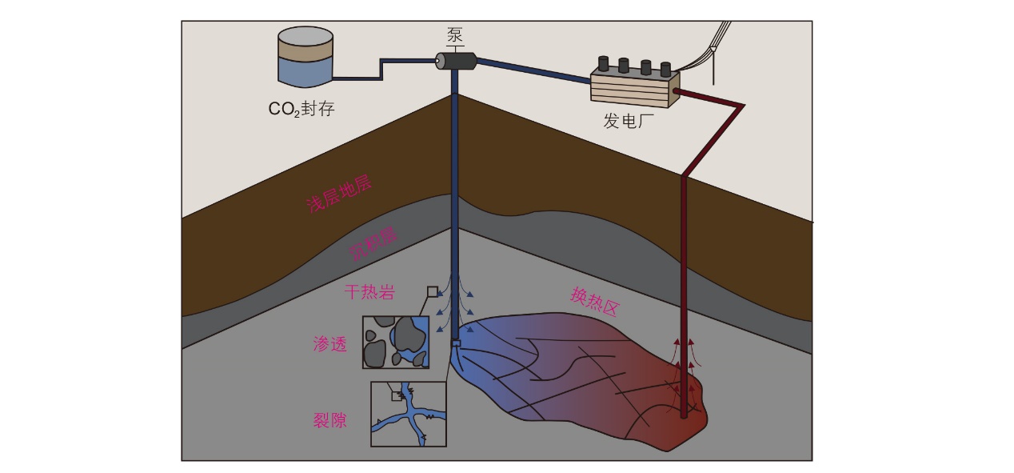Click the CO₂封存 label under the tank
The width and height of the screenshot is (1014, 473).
click(x=301, y=109)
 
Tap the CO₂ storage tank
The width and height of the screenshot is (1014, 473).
click(x=305, y=57)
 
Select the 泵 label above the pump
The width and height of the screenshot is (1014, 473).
click(x=455, y=35)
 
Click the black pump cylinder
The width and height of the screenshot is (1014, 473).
click(x=456, y=61)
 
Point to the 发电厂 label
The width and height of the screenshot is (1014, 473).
click(x=629, y=121)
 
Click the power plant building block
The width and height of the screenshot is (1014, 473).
click(x=635, y=88)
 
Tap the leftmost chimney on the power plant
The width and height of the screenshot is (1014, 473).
click(x=604, y=63)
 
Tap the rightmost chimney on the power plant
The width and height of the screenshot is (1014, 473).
click(x=665, y=70)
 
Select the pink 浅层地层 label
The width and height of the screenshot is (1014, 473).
click(x=340, y=194)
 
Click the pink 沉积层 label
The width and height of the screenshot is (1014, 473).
click(x=374, y=243)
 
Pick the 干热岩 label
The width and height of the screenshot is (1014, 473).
click(x=369, y=292)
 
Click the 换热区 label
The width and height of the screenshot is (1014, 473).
click(x=594, y=302)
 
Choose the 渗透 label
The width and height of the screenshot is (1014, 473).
click(x=330, y=344)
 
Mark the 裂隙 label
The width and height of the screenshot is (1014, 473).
click(x=330, y=420)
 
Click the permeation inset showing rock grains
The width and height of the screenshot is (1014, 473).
click(x=396, y=342)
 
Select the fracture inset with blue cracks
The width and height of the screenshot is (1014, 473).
click(x=409, y=414)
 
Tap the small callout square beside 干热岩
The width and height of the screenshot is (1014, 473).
click(x=433, y=291)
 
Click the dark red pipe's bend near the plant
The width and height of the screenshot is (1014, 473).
click(x=743, y=106)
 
